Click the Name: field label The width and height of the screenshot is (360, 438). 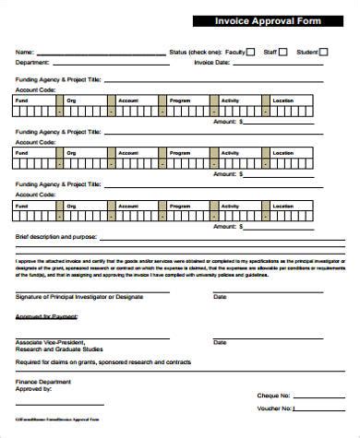click(25, 53)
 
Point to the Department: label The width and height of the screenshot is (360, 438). click(32, 62)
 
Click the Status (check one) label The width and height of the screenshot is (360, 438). click(196, 53)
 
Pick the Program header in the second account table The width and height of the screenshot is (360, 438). click(180, 151)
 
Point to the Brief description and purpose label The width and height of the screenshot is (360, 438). click(55, 237)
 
